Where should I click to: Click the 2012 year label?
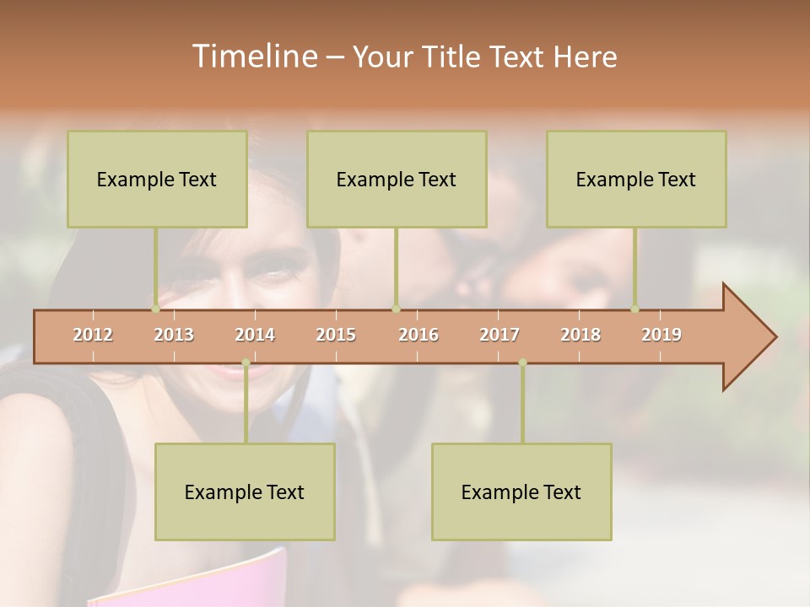[x=93, y=336]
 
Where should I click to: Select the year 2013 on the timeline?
[x=174, y=336]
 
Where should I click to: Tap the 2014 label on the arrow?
[x=255, y=336]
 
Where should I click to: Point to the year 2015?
[x=336, y=336]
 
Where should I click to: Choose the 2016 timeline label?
[x=418, y=336]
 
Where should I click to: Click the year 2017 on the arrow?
[x=499, y=336]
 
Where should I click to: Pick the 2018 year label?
[x=580, y=336]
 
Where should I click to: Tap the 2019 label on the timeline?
[x=661, y=336]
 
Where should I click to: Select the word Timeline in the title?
[x=253, y=56]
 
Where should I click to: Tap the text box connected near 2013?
[x=157, y=179]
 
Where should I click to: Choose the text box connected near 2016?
[x=397, y=179]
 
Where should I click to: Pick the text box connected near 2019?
[x=636, y=179]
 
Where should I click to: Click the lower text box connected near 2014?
[x=245, y=492]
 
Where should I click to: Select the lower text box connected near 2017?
[x=521, y=492]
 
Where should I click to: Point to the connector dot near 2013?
[x=155, y=309]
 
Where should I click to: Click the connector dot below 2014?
[x=246, y=363]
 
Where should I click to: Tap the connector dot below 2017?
[x=522, y=363]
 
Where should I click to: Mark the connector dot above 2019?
[x=634, y=309]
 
